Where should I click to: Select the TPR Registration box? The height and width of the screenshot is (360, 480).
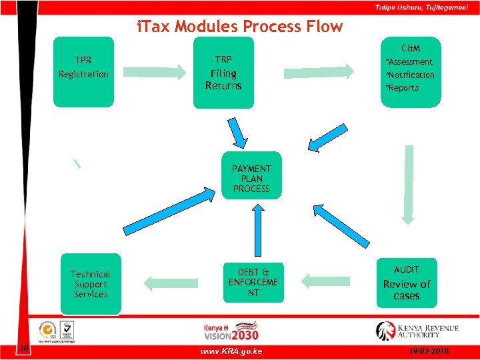click(x=83, y=71)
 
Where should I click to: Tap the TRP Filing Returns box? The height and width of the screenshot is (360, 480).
click(x=223, y=73)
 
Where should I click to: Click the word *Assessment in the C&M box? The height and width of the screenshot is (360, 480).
click(x=409, y=62)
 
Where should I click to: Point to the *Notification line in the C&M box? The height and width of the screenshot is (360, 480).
click(x=410, y=75)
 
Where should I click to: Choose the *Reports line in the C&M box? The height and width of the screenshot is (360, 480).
click(x=402, y=88)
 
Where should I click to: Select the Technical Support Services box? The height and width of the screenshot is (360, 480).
click(x=91, y=284)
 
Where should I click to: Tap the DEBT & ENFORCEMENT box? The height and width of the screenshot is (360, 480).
click(x=253, y=283)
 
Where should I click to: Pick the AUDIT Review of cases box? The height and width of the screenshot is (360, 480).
click(x=407, y=283)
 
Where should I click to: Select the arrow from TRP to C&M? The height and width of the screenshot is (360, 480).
click(x=319, y=71)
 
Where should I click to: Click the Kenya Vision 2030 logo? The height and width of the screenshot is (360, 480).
click(x=231, y=331)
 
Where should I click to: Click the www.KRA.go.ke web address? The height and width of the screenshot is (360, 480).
click(x=231, y=351)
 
